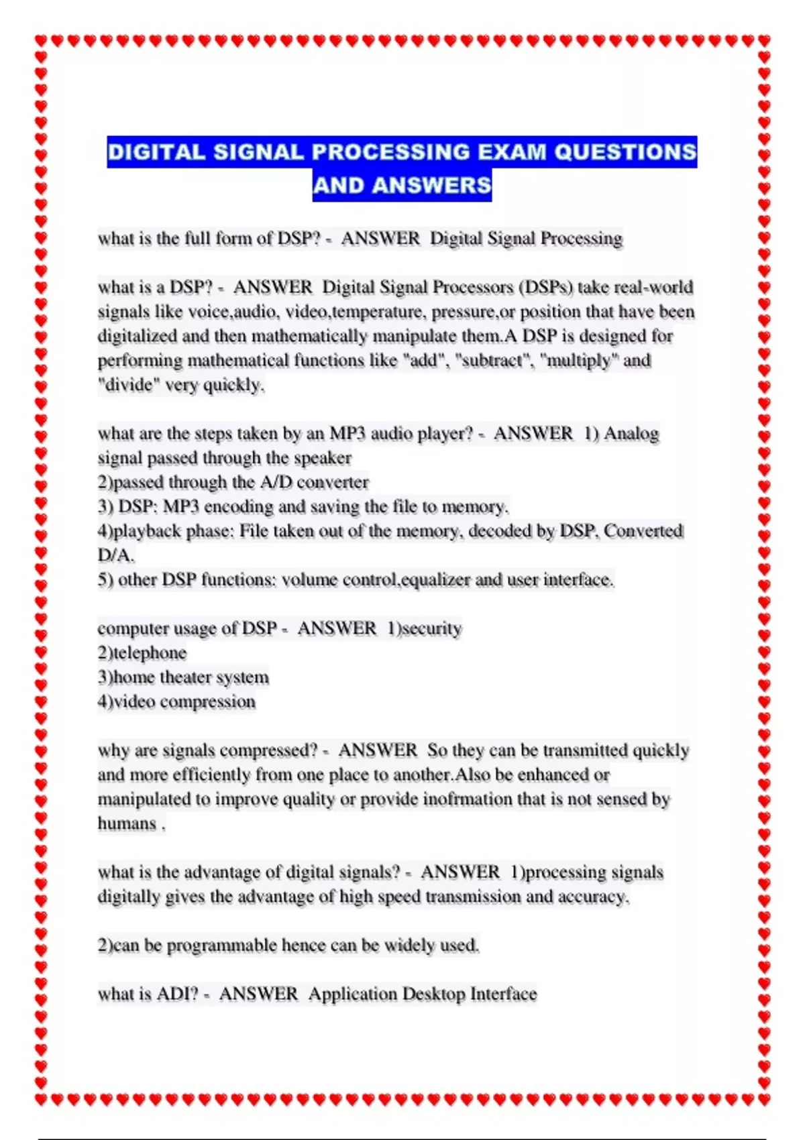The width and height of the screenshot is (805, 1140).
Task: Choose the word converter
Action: click(333, 482)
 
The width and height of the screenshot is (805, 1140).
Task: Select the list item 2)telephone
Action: click(142, 652)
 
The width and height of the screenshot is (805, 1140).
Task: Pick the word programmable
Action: click(221, 946)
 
